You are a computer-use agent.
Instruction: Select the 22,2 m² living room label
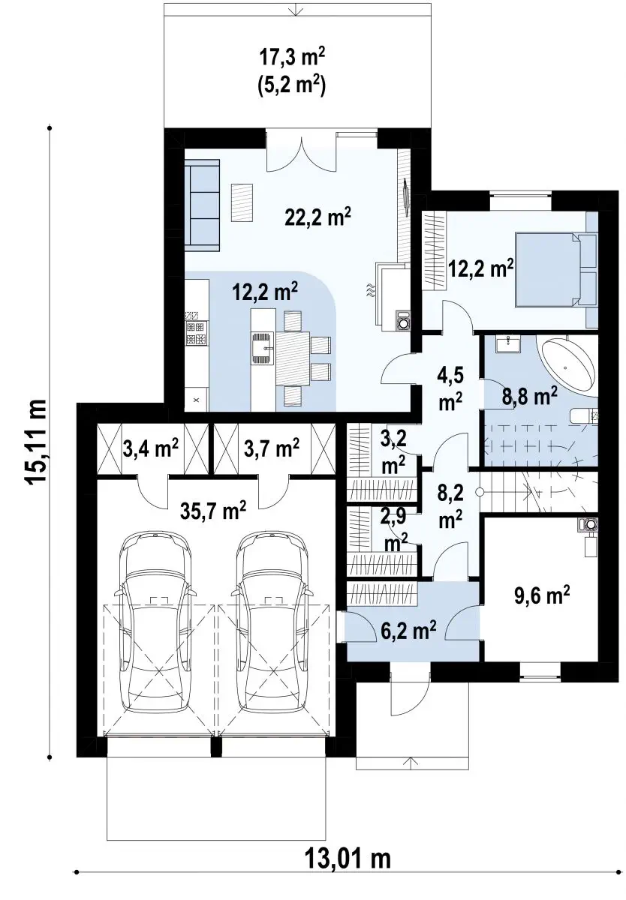[318, 217]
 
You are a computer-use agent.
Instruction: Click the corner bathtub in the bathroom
[567, 366]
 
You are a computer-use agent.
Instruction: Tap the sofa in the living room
[202, 205]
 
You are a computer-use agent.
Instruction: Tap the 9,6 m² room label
[542, 595]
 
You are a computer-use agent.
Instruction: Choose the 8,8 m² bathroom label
[529, 397]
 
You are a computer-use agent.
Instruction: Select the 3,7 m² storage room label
[271, 448]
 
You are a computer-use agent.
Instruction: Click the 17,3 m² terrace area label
[292, 58]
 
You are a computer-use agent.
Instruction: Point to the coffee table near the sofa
[242, 202]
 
